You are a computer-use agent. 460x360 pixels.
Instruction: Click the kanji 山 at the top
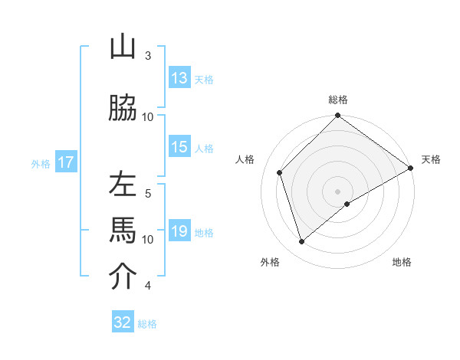tap(123, 47)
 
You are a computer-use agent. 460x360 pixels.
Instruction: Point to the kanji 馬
tap(123, 231)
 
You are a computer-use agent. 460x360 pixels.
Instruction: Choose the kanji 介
tap(123, 277)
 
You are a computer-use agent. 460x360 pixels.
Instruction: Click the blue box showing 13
tap(179, 78)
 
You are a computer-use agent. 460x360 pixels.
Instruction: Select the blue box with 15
tap(179, 148)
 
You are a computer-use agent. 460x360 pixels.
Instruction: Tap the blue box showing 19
tap(179, 232)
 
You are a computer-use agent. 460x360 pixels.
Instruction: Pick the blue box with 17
tap(65, 162)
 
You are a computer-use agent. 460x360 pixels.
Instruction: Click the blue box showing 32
tap(123, 322)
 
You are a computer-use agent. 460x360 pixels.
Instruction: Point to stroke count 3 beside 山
tap(148, 55)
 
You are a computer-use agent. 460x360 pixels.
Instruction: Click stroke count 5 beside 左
tap(148, 193)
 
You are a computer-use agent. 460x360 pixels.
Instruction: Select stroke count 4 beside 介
tap(148, 286)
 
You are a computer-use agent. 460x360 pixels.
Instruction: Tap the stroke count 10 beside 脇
tap(148, 116)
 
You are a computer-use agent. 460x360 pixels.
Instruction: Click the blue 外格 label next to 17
tap(41, 163)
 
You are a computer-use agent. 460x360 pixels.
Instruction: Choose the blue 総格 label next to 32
tap(147, 323)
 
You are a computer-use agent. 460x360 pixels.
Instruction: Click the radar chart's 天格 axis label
tap(431, 159)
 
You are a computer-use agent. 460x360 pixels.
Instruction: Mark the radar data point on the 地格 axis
tap(347, 204)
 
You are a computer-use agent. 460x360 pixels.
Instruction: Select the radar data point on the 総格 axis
tap(337, 116)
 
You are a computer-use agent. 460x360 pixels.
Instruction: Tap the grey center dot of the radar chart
tap(337, 191)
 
